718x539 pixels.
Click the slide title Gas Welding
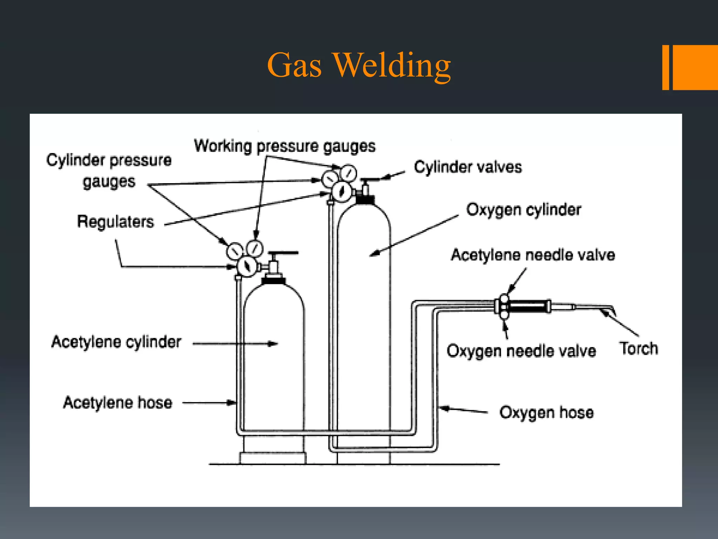(359, 66)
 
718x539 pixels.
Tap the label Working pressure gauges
(285, 146)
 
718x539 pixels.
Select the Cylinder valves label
(468, 167)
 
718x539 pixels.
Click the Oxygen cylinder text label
(523, 210)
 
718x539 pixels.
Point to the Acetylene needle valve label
(533, 255)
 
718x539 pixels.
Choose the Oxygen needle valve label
(521, 351)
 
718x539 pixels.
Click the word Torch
(638, 348)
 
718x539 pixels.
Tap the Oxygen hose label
(546, 412)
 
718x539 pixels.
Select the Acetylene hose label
(118, 402)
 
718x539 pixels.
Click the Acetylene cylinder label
(116, 342)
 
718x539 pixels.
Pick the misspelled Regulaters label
(115, 222)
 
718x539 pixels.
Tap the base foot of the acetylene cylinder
(273, 458)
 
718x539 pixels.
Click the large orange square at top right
(695, 67)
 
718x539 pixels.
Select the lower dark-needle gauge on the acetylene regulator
(247, 267)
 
